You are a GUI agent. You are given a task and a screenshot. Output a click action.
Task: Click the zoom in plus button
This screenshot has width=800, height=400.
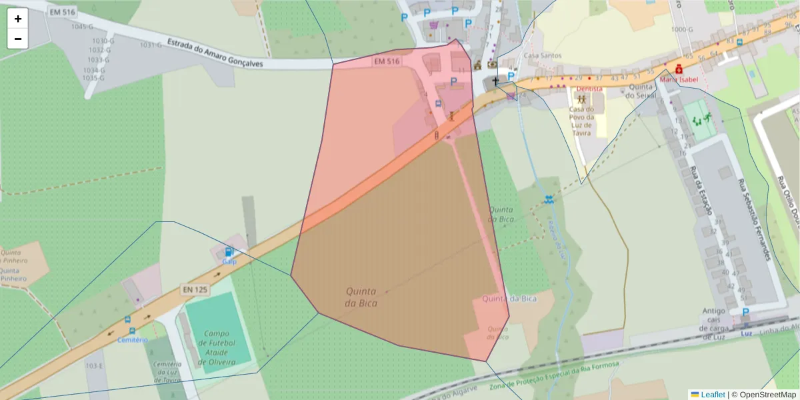coord(18,19)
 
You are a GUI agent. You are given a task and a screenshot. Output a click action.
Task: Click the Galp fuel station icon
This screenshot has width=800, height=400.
coord(229,252)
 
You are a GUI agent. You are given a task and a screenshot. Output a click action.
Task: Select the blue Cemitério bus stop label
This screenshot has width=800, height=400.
coord(132,339)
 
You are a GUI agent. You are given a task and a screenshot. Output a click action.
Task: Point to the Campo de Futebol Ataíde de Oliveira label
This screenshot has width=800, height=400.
coord(217,347)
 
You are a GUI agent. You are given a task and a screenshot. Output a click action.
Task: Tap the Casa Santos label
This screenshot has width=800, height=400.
coord(543,55)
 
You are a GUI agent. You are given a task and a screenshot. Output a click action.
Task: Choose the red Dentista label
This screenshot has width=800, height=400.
coord(589,89)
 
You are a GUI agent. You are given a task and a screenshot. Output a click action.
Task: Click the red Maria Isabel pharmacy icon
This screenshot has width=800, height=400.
coord(679,69)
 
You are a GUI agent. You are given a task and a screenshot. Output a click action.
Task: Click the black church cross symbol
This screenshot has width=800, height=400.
coord(495,81)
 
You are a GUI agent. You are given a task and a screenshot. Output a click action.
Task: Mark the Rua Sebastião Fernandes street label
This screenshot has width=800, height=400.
coord(754,220)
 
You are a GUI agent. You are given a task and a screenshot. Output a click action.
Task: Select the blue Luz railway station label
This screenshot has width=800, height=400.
coord(747,333)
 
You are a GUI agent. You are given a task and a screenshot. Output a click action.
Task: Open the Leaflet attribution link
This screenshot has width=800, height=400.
coord(713,395)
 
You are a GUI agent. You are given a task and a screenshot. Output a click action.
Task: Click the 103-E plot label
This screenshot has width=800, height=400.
coord(95,366)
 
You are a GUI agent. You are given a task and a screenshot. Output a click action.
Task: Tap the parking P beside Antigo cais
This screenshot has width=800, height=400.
coord(745,312)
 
